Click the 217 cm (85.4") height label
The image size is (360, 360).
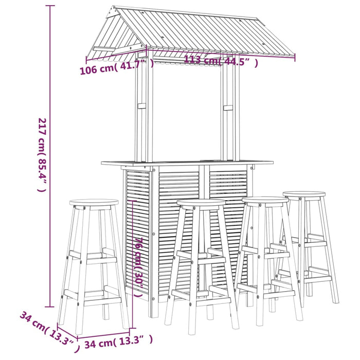click(42, 154)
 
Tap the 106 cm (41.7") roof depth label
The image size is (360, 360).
click(116, 67)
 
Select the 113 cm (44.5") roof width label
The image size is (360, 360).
click(221, 61)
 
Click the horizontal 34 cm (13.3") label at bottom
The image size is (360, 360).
click(118, 339)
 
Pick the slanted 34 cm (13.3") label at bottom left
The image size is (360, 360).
click(49, 332)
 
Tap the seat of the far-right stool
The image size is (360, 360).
click(304, 195)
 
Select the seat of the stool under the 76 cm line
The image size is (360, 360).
click(201, 203)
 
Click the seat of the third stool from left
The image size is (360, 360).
click(265, 201)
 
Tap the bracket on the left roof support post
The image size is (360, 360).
click(141, 107)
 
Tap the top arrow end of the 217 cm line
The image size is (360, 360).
click(50, 6)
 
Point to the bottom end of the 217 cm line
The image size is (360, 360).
click(50, 307)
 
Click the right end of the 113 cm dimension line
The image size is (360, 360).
click(295, 58)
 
